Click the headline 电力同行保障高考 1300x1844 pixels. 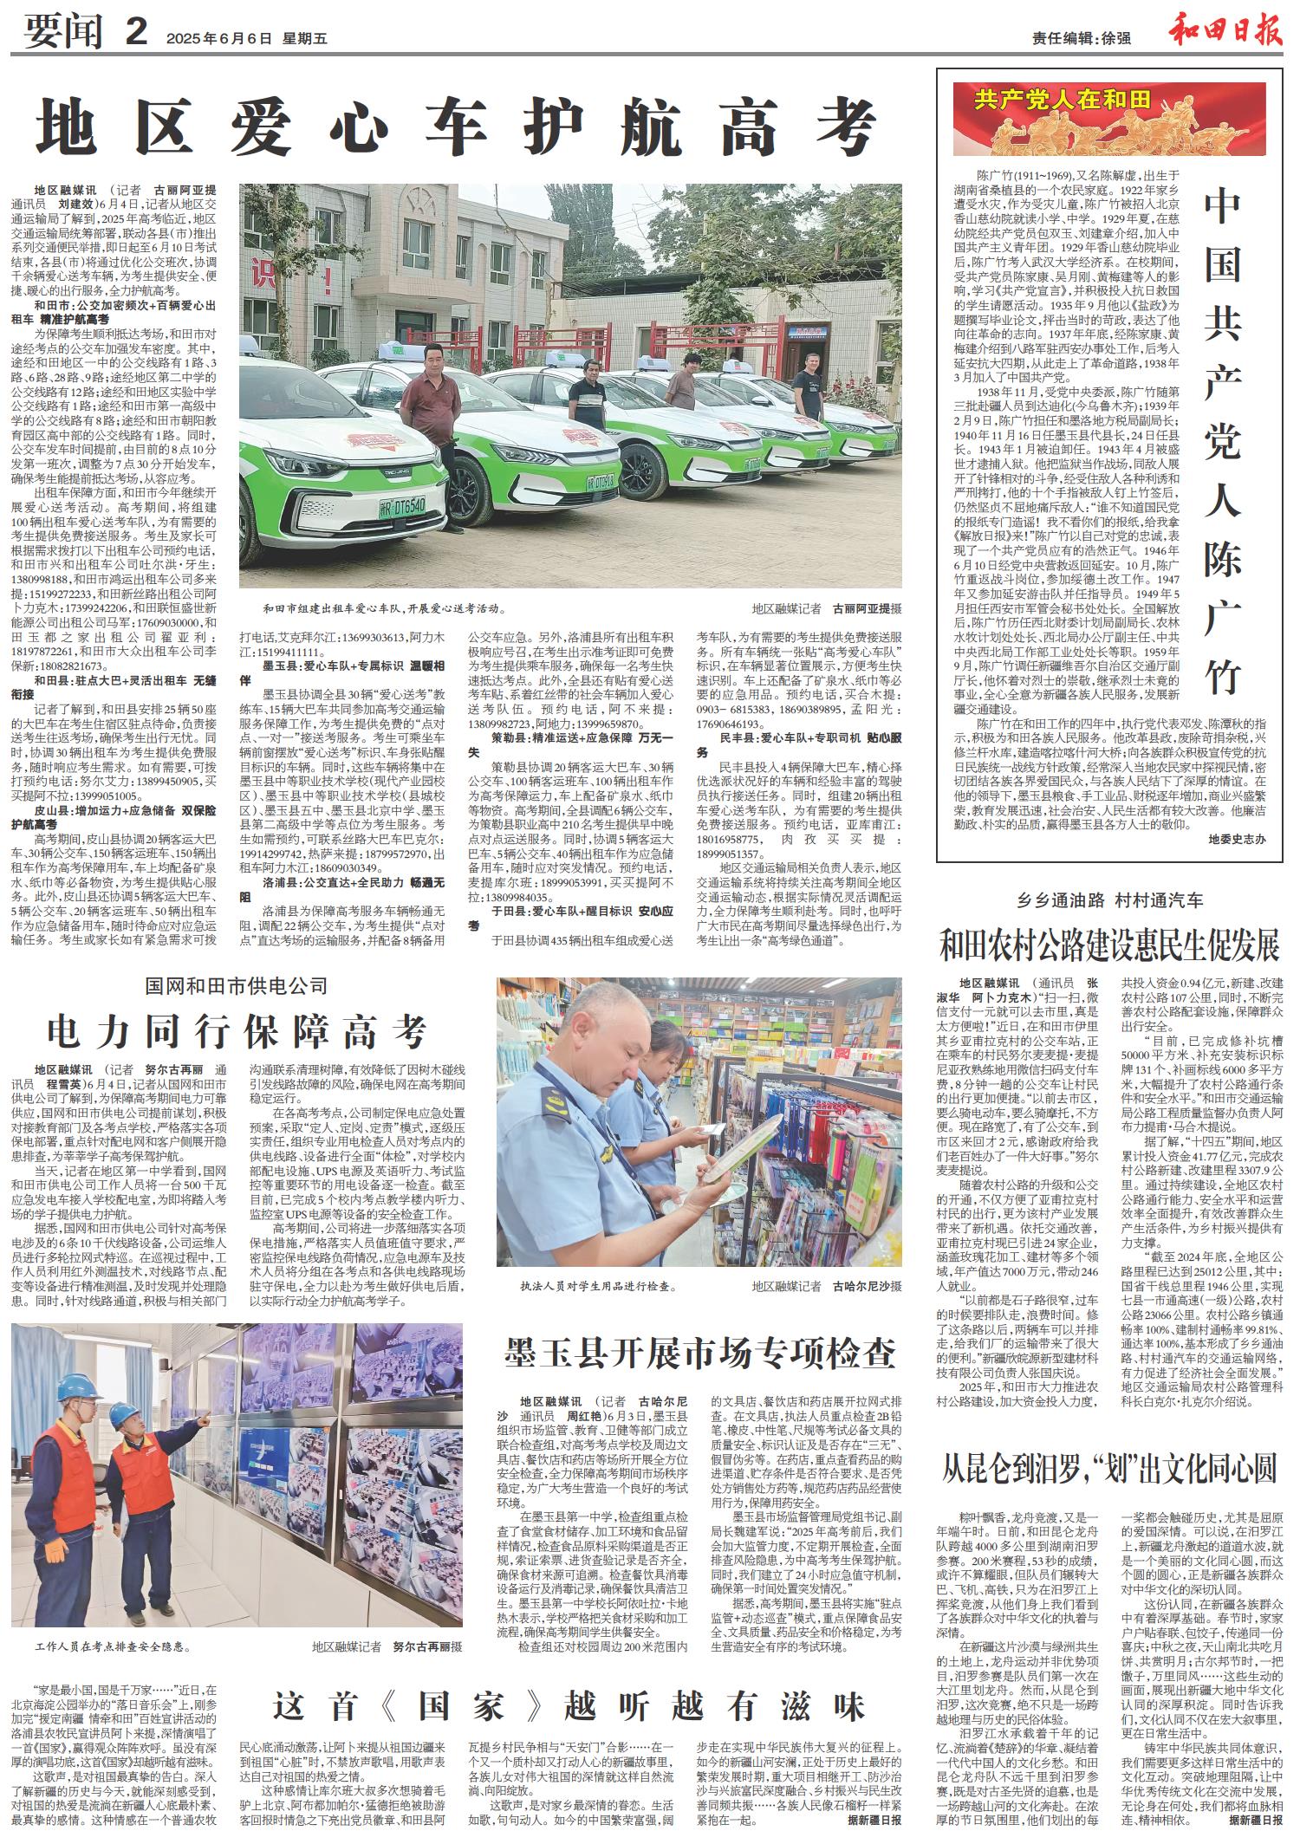237,1032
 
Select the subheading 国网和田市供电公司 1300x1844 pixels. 237,985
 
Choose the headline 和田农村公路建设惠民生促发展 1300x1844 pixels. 1110,946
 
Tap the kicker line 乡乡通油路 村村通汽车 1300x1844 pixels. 1110,902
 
